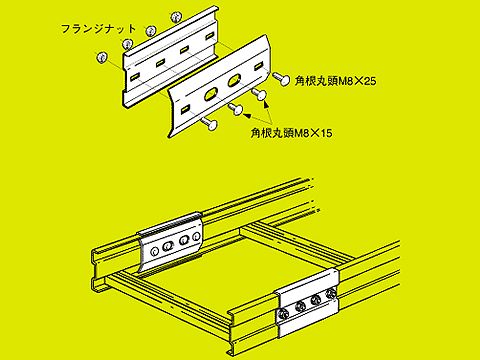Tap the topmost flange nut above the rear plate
pos(176,16)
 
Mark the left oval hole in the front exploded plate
pos(211,94)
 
